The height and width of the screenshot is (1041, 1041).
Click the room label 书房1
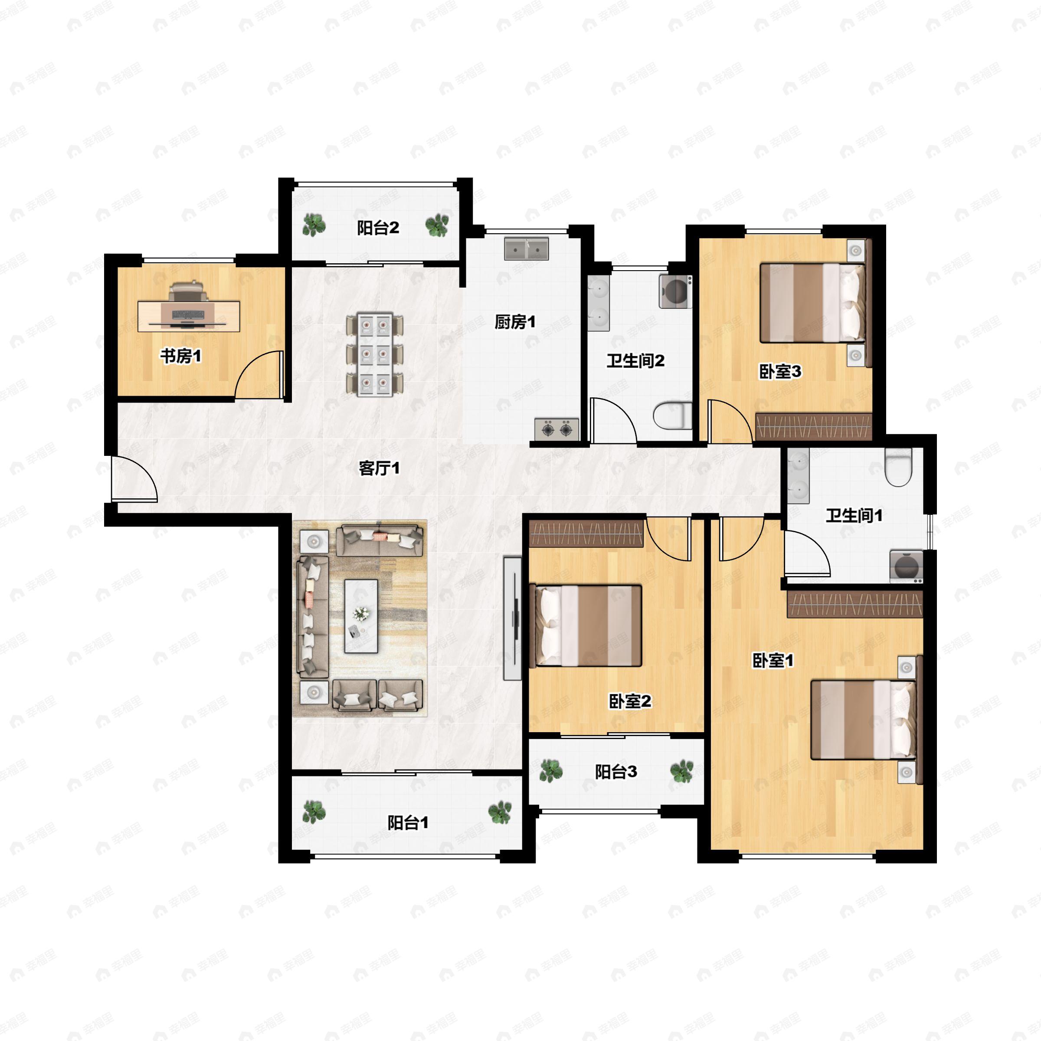pyautogui.click(x=180, y=356)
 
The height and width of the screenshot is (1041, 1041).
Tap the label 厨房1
pyautogui.click(x=515, y=322)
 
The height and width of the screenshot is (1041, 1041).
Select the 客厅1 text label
pyautogui.click(x=380, y=468)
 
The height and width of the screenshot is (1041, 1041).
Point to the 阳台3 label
pyautogui.click(x=616, y=772)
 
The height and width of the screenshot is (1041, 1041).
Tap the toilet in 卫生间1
pyautogui.click(x=898, y=468)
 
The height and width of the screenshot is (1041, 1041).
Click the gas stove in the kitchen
pyautogui.click(x=557, y=429)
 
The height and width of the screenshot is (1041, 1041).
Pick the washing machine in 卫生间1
pyautogui.click(x=906, y=566)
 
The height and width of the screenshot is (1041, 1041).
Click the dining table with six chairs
pyautogui.click(x=374, y=354)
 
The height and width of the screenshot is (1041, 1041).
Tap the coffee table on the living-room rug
pyautogui.click(x=361, y=616)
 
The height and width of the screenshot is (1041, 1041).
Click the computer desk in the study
pyautogui.click(x=189, y=316)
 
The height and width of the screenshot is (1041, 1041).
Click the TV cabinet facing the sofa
pyautogui.click(x=512, y=618)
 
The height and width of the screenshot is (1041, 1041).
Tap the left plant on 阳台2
pyautogui.click(x=314, y=225)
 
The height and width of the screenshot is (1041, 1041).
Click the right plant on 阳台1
pyautogui.click(x=500, y=812)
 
